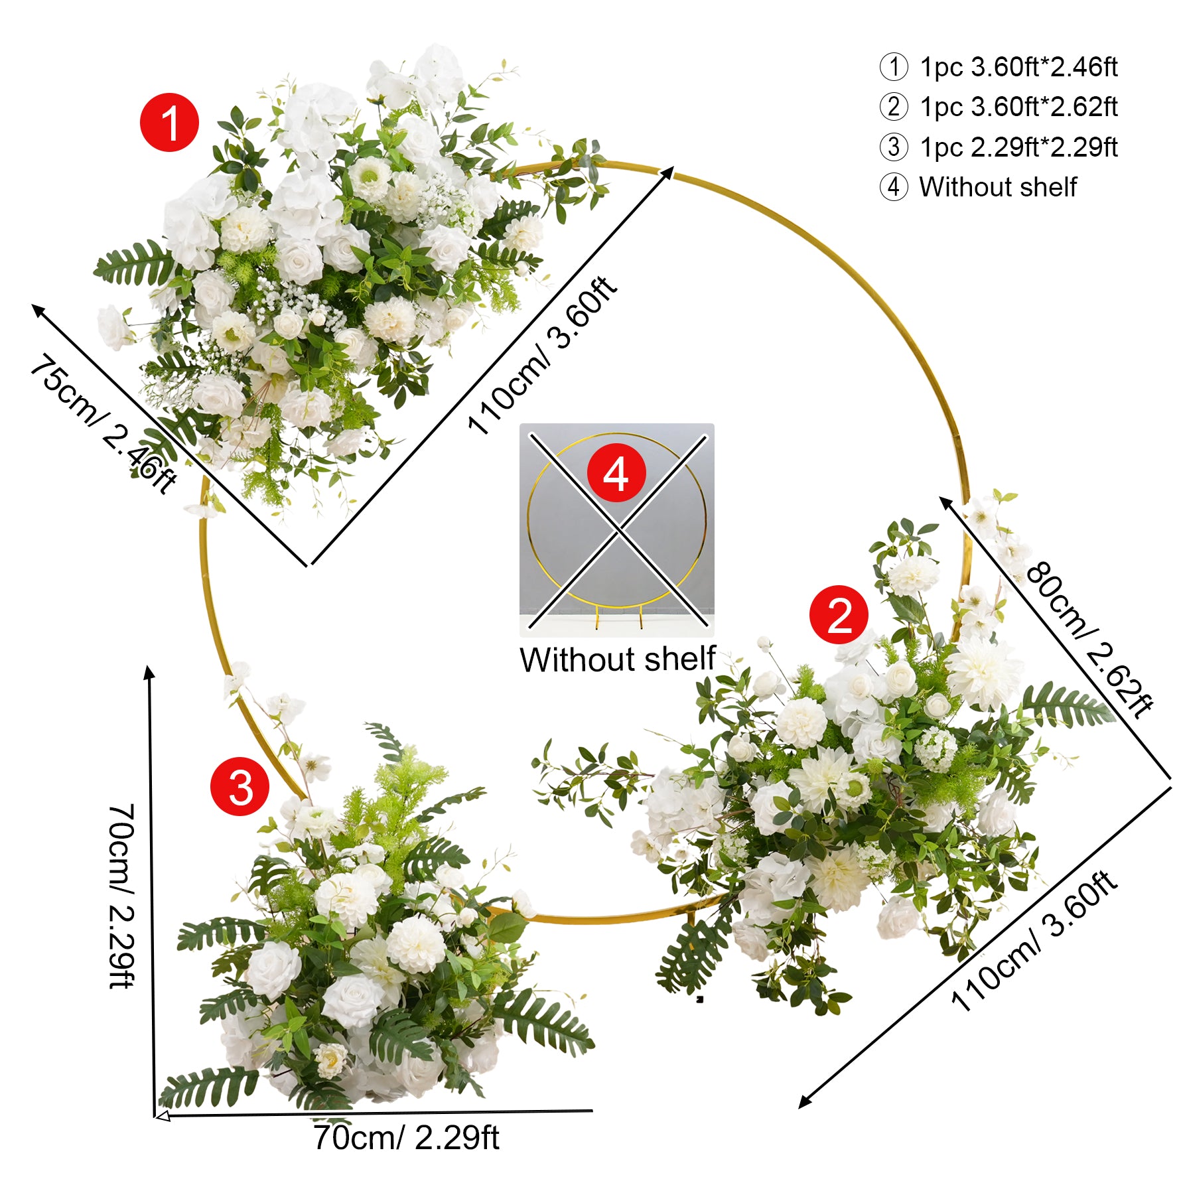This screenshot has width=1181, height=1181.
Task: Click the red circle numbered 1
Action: click(x=169, y=123)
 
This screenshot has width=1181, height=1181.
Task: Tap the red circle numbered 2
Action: click(x=839, y=614)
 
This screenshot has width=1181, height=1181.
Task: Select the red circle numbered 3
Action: click(x=240, y=786)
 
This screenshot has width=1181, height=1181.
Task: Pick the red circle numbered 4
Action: click(x=616, y=473)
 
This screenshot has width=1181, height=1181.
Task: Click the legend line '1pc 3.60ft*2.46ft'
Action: click(x=1018, y=67)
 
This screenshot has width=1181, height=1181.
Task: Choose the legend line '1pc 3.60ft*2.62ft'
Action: click(x=1018, y=107)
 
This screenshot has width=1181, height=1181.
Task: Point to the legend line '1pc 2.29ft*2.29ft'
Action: click(x=1018, y=147)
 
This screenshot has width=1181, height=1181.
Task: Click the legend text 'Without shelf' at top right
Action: click(x=998, y=187)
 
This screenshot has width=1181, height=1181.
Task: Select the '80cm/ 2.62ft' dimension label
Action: click(x=1089, y=640)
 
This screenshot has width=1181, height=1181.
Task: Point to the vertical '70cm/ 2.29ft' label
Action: click(x=121, y=896)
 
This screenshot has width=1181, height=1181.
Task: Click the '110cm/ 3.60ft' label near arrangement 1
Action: click(x=542, y=355)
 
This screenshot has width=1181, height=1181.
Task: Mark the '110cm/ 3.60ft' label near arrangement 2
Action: click(x=1034, y=940)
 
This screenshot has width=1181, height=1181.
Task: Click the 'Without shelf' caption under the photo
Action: click(x=618, y=660)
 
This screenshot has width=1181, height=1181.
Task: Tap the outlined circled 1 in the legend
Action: click(x=894, y=67)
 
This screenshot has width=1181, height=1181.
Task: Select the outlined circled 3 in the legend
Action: click(x=894, y=147)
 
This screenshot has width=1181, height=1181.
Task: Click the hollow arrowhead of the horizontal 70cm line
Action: click(x=162, y=1117)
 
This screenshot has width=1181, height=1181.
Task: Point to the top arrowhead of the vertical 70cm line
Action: click(x=150, y=671)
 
